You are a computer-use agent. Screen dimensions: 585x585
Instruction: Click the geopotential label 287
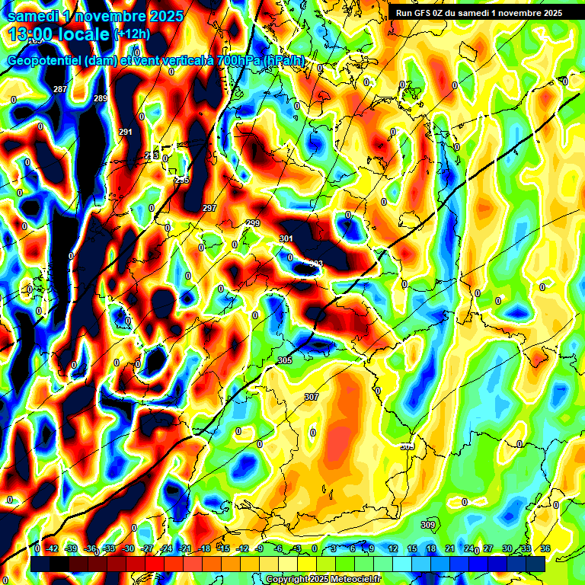click(60, 90)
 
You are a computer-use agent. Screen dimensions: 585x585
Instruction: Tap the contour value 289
click(101, 99)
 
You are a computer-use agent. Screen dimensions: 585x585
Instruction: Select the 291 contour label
click(126, 133)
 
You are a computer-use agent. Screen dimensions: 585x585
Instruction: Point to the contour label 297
click(209, 208)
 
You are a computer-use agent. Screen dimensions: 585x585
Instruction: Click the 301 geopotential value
click(286, 239)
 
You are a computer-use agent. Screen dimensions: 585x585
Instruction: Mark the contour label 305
click(285, 360)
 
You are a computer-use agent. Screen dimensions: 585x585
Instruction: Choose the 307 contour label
click(312, 397)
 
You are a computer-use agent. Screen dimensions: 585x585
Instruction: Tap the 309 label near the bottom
click(428, 525)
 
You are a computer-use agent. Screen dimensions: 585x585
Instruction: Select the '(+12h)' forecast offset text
click(133, 34)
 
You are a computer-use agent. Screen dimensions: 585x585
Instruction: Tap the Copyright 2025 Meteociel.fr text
click(323, 580)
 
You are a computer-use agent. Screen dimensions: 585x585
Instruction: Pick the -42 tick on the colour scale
click(53, 548)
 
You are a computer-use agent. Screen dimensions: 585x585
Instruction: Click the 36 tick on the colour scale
click(545, 548)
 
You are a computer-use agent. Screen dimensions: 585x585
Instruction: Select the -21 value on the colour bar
click(185, 548)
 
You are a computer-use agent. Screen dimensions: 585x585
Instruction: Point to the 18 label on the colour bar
click(430, 548)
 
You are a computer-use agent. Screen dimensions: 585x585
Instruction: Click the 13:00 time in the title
click(28, 34)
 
